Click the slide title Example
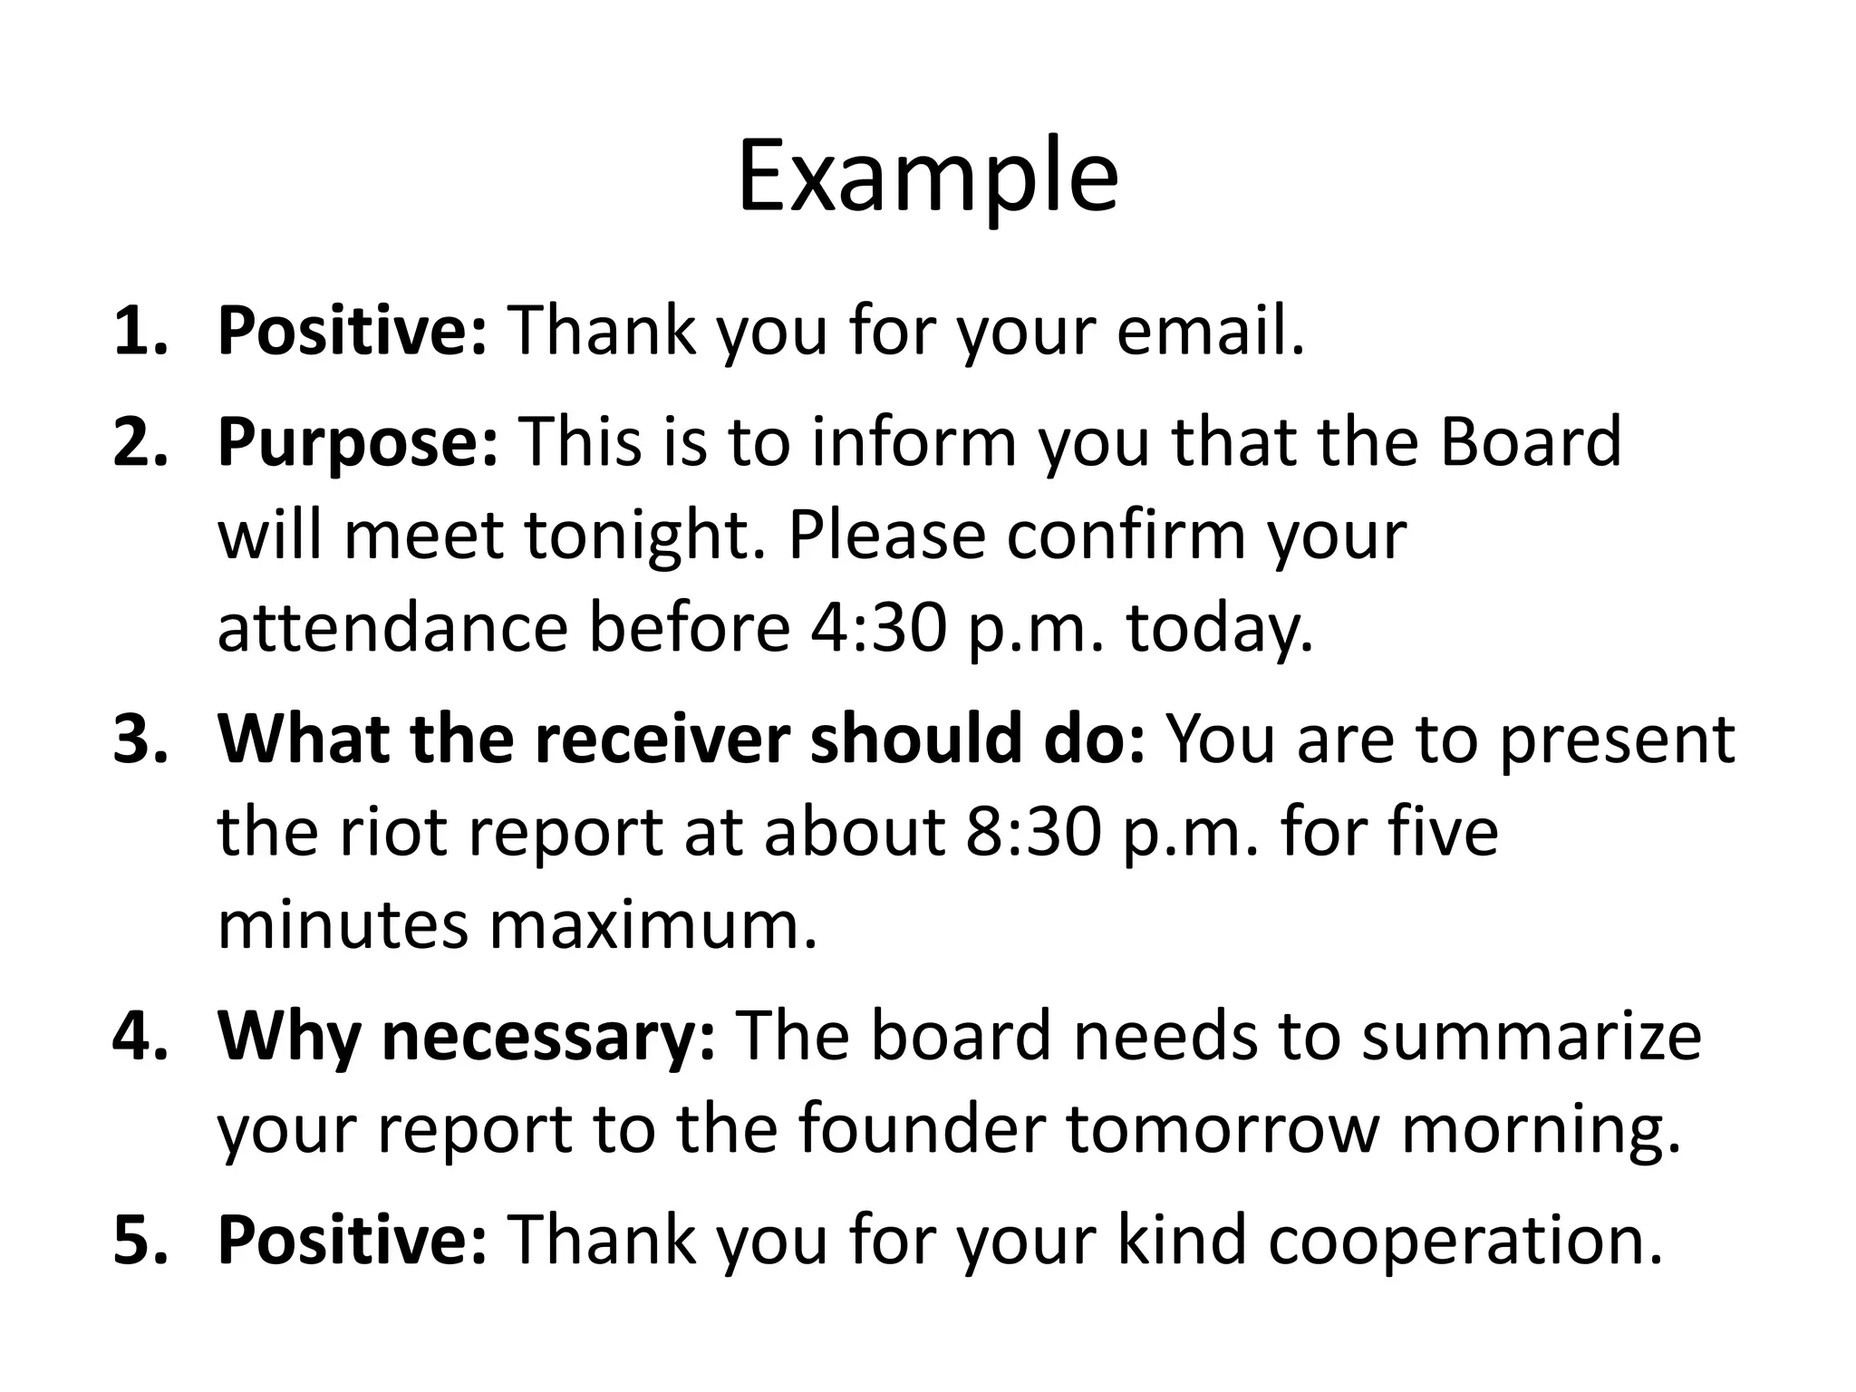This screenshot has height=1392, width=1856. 927,178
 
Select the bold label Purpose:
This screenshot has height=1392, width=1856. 358,443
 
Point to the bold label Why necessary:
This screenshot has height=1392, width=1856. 467,1035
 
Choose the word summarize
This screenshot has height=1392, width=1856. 1532,1035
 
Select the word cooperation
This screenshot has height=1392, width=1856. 1464,1239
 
